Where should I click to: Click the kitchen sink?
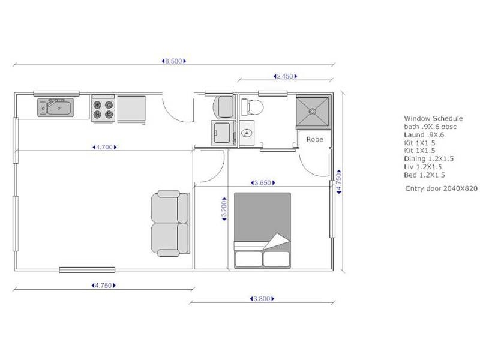point(56,108)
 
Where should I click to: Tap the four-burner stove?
point(103,108)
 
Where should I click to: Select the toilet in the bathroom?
point(251,107)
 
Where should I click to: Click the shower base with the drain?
point(312,112)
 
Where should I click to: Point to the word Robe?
point(314,139)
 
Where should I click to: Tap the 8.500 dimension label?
point(174,61)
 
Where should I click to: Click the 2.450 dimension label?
point(285,76)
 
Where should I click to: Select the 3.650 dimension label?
point(262,183)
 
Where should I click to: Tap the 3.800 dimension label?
point(260,298)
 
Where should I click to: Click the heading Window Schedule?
point(433,119)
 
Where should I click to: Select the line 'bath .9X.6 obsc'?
point(430,127)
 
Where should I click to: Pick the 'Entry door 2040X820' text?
point(442,188)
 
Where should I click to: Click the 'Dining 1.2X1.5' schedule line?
point(428,158)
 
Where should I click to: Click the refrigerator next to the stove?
point(131,108)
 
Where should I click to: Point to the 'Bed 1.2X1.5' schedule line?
point(424,175)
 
